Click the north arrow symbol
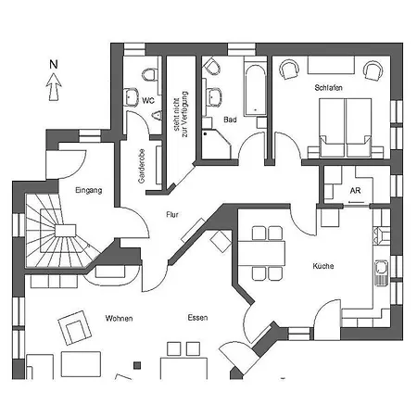(x=54, y=87)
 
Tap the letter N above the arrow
(x=54, y=65)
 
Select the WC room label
(x=148, y=101)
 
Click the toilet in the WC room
(x=149, y=75)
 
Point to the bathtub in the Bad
(x=255, y=90)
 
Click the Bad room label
(x=230, y=120)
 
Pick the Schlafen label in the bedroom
(x=329, y=88)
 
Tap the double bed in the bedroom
(x=346, y=128)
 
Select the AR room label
(x=356, y=191)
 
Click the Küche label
(x=323, y=266)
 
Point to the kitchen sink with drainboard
(x=382, y=272)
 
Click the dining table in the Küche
(x=261, y=253)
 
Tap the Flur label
(x=172, y=214)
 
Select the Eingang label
(x=89, y=190)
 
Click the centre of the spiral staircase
(x=66, y=231)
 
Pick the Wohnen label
(x=119, y=318)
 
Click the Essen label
(x=197, y=318)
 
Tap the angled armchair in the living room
(x=75, y=327)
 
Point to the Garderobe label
(x=142, y=166)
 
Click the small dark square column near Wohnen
(x=137, y=365)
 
